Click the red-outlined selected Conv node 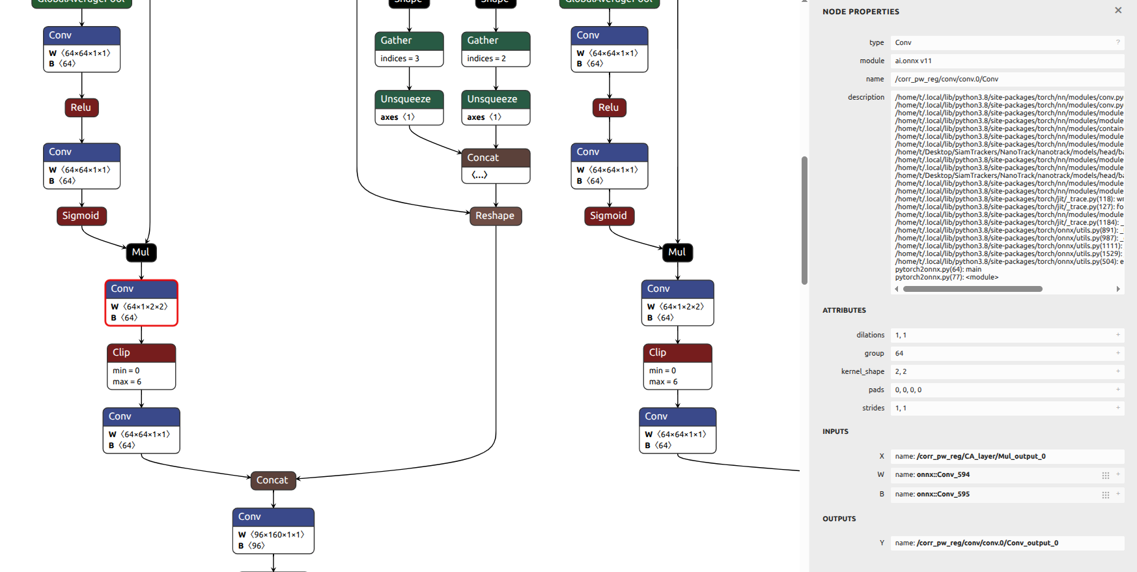click(141, 303)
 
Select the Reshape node click(496, 216)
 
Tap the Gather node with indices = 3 click(409, 49)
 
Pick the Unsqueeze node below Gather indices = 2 click(496, 107)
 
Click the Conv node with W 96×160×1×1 click(274, 531)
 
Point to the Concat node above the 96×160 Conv click(273, 480)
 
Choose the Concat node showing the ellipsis click(496, 166)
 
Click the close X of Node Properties click(1118, 10)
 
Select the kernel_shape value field click(1007, 371)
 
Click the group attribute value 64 click(1007, 353)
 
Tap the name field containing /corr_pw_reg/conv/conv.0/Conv click(1007, 79)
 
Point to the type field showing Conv click(1007, 42)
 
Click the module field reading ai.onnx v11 click(1007, 61)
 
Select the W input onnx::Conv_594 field click(996, 475)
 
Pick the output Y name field click(1007, 543)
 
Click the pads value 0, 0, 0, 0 click(1007, 390)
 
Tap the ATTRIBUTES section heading click(844, 310)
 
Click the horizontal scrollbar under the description click(972, 289)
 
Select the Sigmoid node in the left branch click(81, 216)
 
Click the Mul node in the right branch click(677, 252)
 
